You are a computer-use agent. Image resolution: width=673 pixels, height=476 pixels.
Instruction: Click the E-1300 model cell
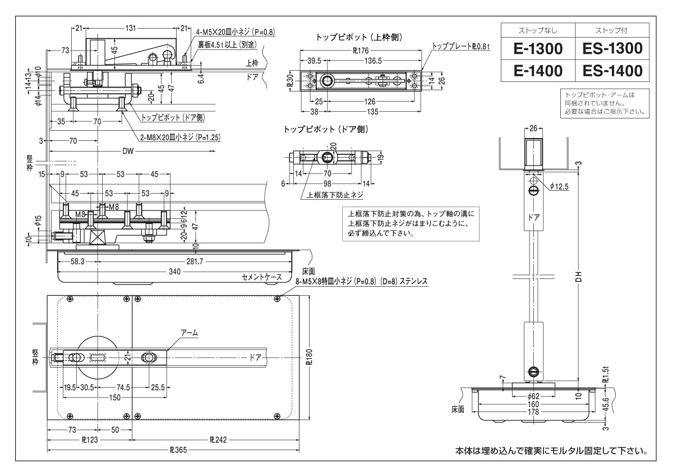pos(538,49)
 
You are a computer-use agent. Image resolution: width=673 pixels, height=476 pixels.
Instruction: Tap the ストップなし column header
pos(538,30)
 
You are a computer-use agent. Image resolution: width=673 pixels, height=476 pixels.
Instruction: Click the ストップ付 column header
pos(612,30)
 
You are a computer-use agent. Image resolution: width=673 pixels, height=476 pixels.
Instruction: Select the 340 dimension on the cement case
pos(174,272)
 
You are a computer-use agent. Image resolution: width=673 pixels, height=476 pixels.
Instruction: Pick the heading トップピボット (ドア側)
pos(325,129)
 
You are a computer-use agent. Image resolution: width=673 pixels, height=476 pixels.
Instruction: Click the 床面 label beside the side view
pos(458,410)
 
